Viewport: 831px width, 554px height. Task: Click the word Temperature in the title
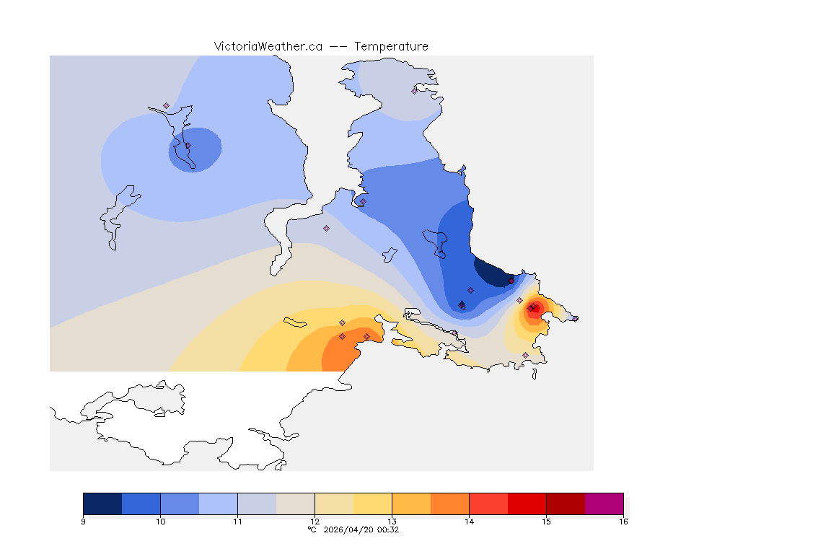(x=391, y=46)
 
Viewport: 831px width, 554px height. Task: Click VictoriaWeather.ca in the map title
(x=268, y=46)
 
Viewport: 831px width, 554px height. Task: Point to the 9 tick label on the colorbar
(x=84, y=522)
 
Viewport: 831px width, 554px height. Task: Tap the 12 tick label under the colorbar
(x=315, y=522)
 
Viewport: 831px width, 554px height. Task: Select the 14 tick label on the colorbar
(x=469, y=522)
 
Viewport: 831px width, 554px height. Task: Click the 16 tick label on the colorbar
(x=623, y=522)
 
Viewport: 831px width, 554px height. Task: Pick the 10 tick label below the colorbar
(x=160, y=522)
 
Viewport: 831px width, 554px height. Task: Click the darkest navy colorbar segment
(x=102, y=503)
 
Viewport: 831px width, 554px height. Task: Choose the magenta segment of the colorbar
(x=604, y=503)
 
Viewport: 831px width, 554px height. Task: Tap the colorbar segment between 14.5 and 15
(x=527, y=503)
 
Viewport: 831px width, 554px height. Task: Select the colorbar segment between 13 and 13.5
(x=411, y=503)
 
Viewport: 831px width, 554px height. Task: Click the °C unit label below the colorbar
(x=312, y=529)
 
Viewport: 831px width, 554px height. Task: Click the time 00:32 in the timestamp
(x=389, y=529)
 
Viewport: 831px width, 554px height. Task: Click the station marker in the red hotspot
(x=531, y=309)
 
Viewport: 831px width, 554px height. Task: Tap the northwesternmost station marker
(x=166, y=105)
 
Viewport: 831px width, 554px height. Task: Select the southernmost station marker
(x=525, y=355)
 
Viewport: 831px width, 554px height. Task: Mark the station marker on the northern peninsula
(x=414, y=91)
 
